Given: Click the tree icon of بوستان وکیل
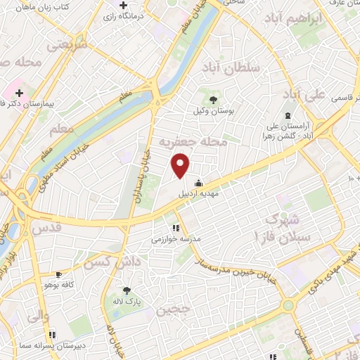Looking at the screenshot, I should point(213,100).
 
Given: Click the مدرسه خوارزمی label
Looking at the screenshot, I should point(176,239).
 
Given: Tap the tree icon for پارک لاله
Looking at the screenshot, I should point(127,291).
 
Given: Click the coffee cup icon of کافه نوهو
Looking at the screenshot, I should point(58,275).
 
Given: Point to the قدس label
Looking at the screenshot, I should point(49,228).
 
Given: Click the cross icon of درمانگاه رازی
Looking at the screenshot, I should point(123,6).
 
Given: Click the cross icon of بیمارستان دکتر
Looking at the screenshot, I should point(20,93).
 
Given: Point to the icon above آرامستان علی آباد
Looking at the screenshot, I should point(287,115).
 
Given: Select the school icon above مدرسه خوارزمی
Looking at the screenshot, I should point(176,227).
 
